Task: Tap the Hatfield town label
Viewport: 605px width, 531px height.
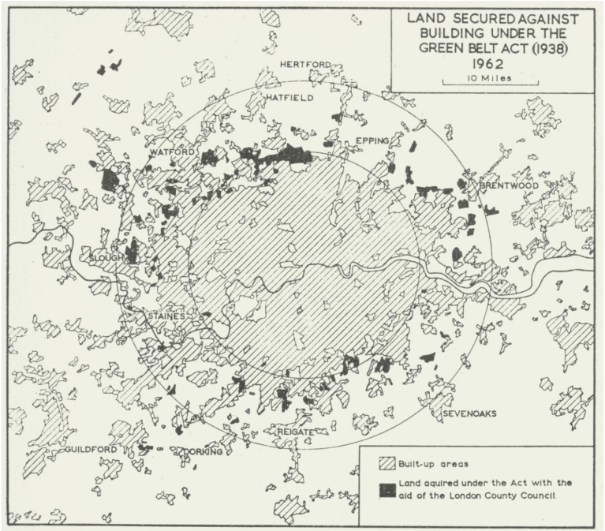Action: (x=289, y=98)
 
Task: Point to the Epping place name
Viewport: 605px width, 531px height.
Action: (x=372, y=140)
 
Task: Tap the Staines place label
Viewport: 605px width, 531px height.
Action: (x=166, y=316)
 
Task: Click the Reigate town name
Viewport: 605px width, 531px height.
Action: (x=296, y=432)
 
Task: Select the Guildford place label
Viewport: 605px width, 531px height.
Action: (x=91, y=449)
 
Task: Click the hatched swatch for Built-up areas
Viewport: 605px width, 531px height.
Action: (x=388, y=464)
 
